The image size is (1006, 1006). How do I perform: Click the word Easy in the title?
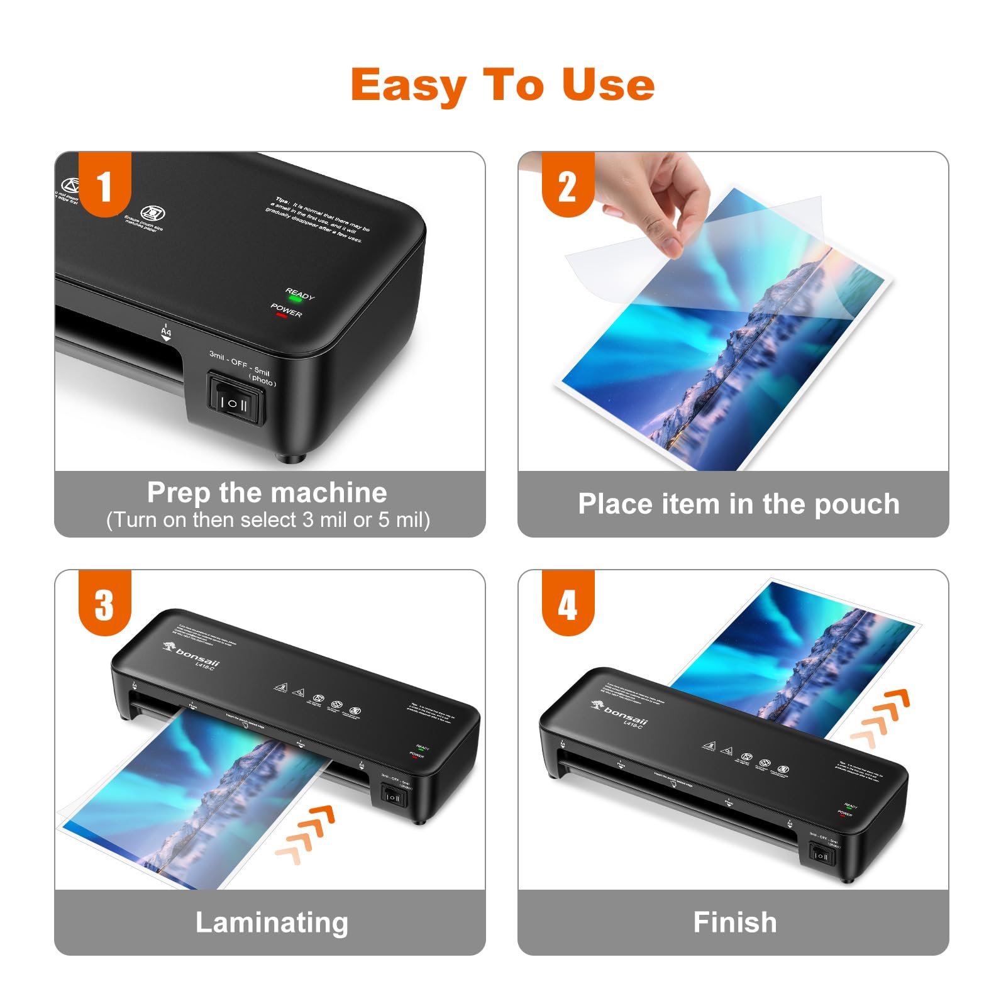coord(409,86)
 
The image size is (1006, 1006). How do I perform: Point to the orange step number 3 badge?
coord(104,604)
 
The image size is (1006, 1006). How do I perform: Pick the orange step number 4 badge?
coord(567,604)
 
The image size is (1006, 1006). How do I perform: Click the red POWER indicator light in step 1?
coord(281,315)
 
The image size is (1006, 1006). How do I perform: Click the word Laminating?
coord(272,922)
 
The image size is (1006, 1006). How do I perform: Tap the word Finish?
coord(734,922)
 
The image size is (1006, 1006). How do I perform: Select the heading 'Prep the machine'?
coord(267,492)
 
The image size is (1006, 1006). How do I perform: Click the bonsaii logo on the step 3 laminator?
coord(192,654)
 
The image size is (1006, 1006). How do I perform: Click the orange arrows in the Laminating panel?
coord(306,830)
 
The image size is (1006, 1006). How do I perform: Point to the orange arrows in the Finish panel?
coord(880,717)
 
